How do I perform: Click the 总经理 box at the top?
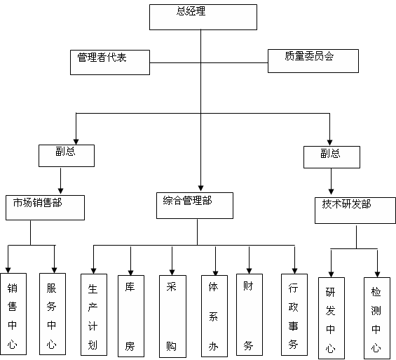tap(203, 17)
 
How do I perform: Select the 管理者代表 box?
tap(110, 62)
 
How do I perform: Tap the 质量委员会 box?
tap(313, 61)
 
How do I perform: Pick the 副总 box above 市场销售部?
tap(67, 156)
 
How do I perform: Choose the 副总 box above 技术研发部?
tap(332, 157)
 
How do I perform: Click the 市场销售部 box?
tap(45, 208)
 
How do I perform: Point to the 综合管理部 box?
tap(195, 206)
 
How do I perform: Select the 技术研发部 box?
tap(355, 211)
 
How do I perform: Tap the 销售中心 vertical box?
tap(13, 314)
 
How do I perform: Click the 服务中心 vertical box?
tap(53, 314)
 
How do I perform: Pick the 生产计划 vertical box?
tap(94, 315)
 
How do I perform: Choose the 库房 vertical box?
tap(131, 316)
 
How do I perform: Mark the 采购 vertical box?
tap(172, 316)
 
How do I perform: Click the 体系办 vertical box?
tap(214, 316)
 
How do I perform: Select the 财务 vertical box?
tap(250, 315)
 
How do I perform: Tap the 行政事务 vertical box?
tap(294, 315)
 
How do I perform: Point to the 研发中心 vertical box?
tap(332, 319)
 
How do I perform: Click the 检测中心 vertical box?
tap(377, 319)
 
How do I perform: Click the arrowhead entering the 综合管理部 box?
tap(200, 188)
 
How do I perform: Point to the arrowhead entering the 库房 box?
tap(130, 272)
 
